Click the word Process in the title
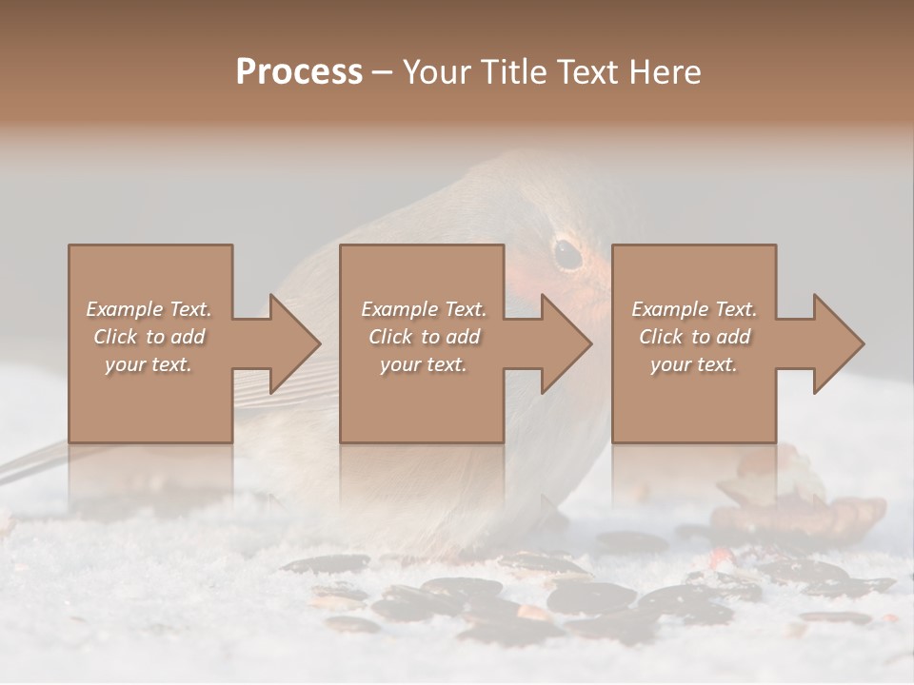299,72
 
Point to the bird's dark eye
568,253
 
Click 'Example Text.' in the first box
149,309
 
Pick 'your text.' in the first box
149,364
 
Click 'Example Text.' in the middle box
424,309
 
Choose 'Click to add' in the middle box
424,337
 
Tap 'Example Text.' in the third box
694,309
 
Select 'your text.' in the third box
694,364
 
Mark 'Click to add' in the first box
149,337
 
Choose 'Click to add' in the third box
694,337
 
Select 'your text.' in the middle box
424,364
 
